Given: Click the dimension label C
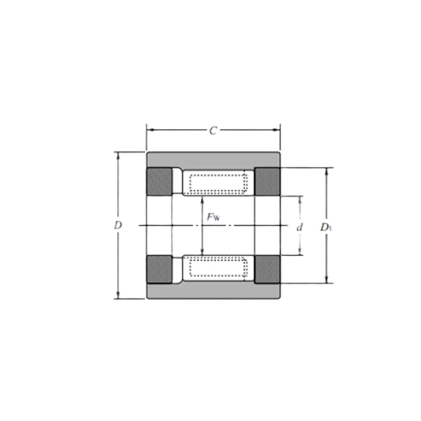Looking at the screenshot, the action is tap(213, 131).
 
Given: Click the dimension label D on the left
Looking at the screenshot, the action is tap(118, 225).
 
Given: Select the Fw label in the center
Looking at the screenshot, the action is tap(213, 217).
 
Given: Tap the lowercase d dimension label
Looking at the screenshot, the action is tap(300, 227).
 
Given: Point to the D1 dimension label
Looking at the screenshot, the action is tap(326, 227).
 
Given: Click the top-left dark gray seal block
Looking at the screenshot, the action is tap(159, 182).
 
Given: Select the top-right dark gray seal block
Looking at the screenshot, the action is tap(267, 182).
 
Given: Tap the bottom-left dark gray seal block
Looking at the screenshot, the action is tap(159, 269).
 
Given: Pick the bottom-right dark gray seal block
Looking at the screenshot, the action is tap(267, 269).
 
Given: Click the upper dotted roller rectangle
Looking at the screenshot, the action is tap(218, 183).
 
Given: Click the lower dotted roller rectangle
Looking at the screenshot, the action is tap(218, 267).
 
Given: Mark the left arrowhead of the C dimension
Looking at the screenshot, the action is tap(151, 130).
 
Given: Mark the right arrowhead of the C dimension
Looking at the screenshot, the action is tap(276, 130).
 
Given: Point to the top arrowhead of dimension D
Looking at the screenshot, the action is tap(118, 156).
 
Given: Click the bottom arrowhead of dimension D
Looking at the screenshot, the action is tap(118, 295).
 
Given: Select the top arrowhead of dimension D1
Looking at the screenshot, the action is tap(327, 172).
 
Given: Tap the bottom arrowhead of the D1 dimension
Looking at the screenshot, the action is tap(327, 279).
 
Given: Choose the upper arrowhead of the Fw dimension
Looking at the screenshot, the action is tap(203, 200).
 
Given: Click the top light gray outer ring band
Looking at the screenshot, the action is tap(214, 160).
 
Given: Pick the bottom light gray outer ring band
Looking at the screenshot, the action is tap(214, 290).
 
